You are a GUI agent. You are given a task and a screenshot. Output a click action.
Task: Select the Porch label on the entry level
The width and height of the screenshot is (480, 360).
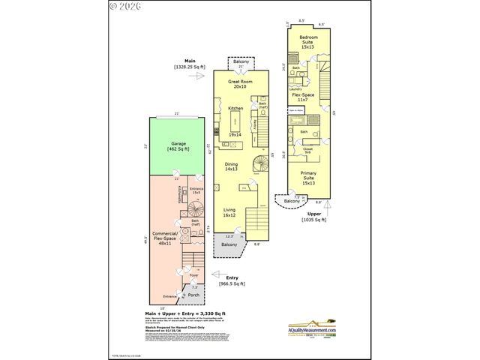coord(193,294)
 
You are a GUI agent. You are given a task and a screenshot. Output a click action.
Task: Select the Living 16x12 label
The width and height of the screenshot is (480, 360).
coord(230,212)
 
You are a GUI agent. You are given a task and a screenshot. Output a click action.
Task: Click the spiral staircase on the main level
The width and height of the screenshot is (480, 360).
coord(257,163)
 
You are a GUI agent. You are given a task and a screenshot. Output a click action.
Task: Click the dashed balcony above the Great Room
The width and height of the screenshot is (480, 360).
coord(241,62)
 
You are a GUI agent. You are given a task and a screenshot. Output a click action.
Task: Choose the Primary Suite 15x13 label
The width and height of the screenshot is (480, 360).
coord(309,179)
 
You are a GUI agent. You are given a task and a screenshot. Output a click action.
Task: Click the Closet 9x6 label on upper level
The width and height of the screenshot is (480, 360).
coord(308,150)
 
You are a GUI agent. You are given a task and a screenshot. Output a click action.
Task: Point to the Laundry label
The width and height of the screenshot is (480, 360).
coord(295,88)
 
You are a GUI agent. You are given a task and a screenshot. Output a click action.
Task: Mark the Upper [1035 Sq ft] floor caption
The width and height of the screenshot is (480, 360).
coord(313,217)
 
